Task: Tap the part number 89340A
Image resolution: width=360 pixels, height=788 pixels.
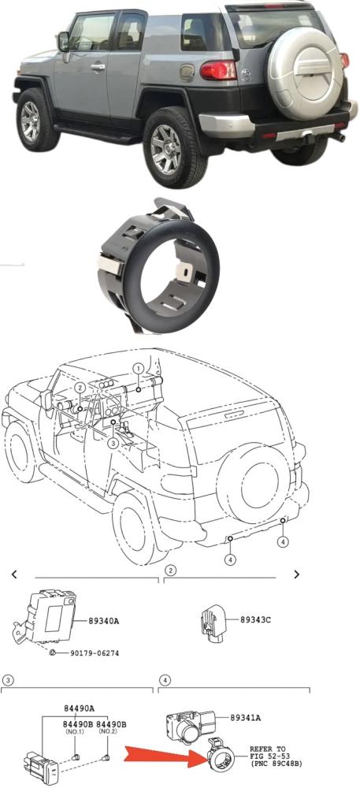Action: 103,621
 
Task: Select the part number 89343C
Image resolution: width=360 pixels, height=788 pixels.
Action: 255,619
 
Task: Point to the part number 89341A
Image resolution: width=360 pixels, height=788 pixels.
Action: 246,718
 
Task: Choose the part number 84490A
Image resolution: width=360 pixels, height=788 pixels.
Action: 78,708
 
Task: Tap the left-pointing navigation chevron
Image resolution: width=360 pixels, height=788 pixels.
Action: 14,574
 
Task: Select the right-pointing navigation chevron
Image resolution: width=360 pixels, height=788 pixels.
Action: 297,574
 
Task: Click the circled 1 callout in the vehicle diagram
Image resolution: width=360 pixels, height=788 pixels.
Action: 138,369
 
